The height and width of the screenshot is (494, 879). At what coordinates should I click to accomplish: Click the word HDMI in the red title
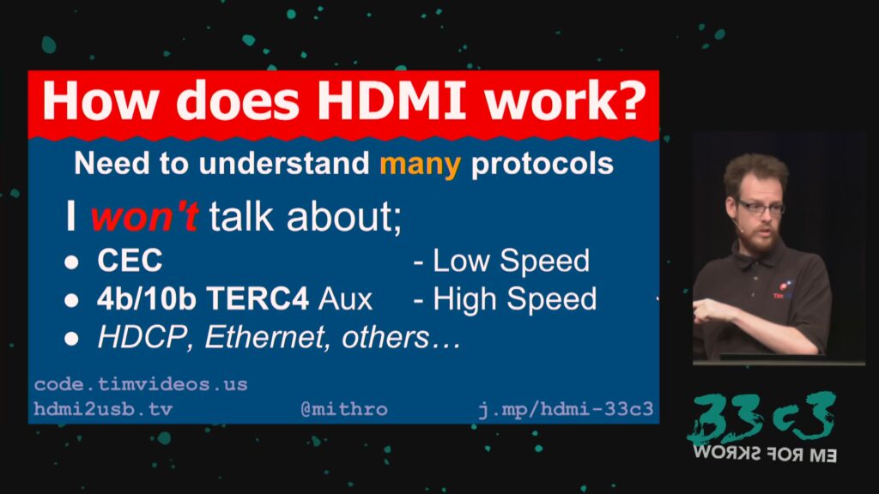coord(391,100)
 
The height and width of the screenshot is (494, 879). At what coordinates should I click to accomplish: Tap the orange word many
coord(421,165)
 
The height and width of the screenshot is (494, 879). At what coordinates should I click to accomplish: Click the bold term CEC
coord(130,261)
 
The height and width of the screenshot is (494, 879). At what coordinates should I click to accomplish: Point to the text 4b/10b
coord(146,298)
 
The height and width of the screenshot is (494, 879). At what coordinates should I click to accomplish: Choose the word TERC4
coord(258,298)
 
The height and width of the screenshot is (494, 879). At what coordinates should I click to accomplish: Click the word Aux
coord(345,299)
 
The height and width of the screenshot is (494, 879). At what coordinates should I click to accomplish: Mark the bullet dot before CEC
coord(71,262)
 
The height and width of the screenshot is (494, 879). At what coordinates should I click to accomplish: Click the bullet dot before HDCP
coord(71,338)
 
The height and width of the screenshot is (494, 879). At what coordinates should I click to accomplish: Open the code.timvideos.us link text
coord(141,384)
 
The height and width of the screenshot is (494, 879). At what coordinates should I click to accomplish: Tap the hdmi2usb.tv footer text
coord(103,409)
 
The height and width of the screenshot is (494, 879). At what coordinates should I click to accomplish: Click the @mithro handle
coord(344,409)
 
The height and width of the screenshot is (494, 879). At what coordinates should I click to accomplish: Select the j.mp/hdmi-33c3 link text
coord(566,409)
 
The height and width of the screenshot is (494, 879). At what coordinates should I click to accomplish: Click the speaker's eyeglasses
coord(761,208)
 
